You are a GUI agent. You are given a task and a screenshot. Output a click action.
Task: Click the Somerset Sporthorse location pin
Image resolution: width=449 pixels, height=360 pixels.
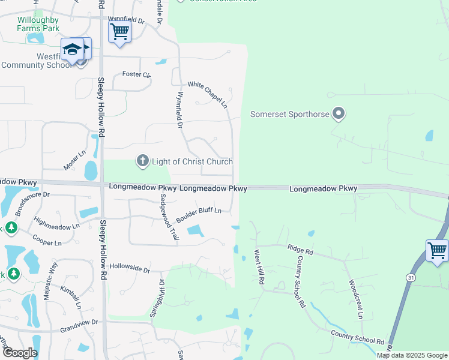click(339, 113)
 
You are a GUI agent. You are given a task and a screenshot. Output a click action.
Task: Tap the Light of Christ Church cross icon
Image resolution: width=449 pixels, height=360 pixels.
click(142, 160)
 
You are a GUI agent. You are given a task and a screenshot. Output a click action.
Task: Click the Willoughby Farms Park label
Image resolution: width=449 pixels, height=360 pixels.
click(38, 24)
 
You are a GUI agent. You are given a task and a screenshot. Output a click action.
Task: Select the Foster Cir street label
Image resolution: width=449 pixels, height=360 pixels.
click(136, 74)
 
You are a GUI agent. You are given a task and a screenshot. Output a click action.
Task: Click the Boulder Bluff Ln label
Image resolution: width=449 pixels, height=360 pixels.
click(199, 214)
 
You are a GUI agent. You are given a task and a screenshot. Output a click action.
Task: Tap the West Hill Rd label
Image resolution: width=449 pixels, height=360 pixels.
click(258, 268)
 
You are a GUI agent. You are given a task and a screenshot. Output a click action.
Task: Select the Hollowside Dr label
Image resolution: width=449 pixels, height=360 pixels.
click(130, 268)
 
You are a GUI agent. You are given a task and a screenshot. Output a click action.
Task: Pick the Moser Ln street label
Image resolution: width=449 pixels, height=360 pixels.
click(75, 160)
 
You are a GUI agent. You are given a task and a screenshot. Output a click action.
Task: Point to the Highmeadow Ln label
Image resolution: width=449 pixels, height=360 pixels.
click(57, 223)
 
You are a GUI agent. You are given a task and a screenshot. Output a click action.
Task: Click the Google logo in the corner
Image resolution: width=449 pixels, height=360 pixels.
click(19, 353)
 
